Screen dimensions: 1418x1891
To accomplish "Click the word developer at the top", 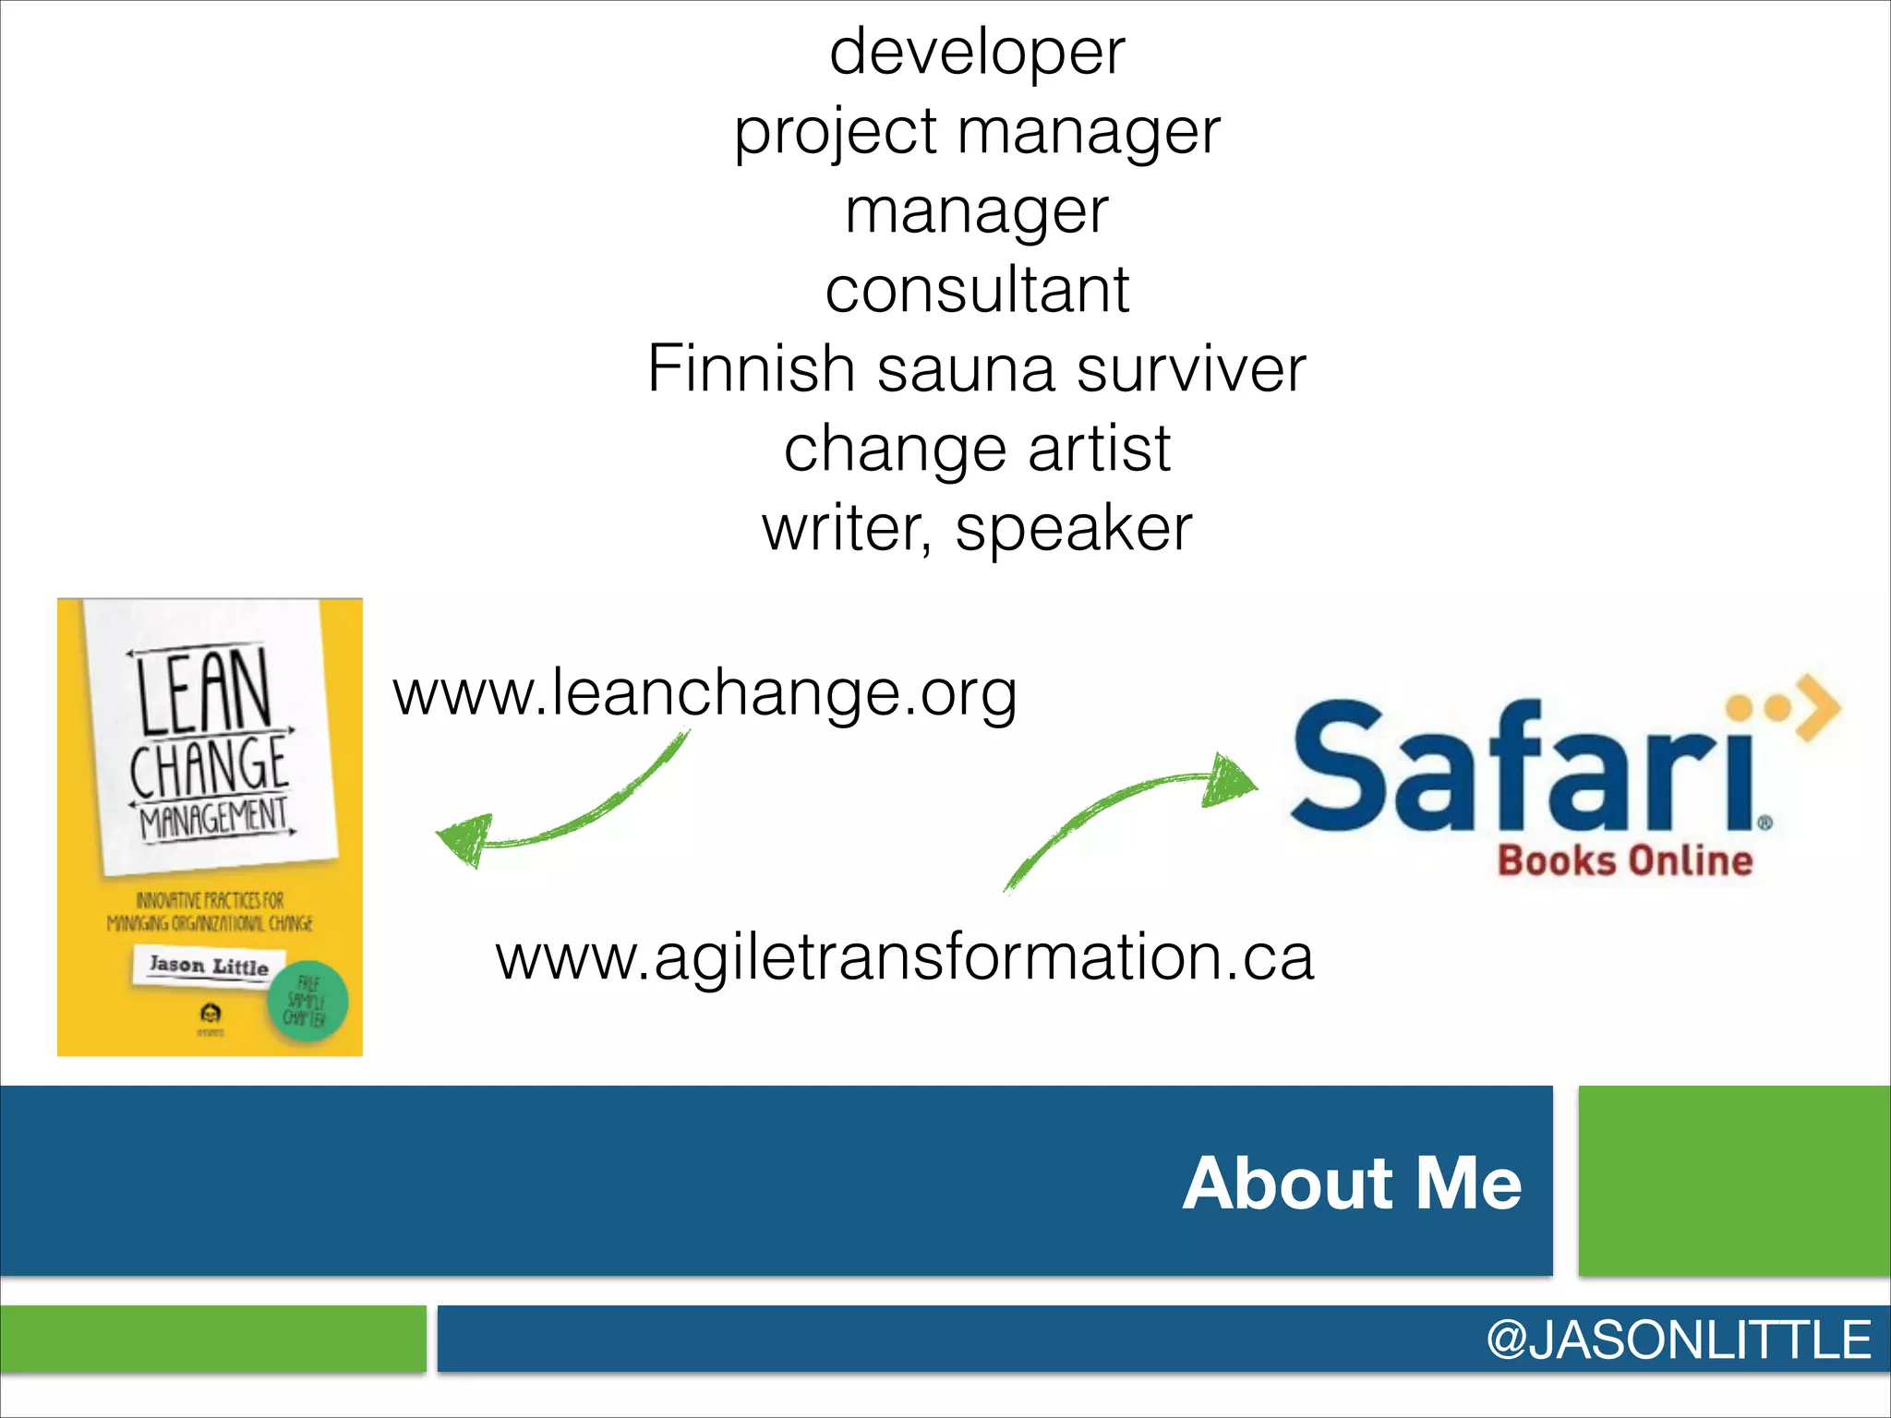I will pyautogui.click(x=977, y=53).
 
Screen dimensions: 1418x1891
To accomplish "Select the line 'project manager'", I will pyautogui.click(x=977, y=132).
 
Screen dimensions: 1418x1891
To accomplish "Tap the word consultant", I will pyautogui.click(x=977, y=290).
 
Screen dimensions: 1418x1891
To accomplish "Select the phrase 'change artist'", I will pyautogui.click(x=977, y=450).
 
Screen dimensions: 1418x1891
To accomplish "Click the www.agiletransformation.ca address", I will pyautogui.click(x=904, y=957).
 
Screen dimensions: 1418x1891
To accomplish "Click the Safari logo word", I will pyautogui.click(x=1524, y=766).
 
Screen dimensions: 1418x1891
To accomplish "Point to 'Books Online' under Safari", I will pyautogui.click(x=1625, y=860).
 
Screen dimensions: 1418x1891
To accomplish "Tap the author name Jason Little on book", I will pyautogui.click(x=209, y=966).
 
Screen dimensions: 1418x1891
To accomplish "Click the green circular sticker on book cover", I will pyautogui.click(x=307, y=1003).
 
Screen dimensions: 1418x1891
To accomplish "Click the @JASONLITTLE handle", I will pyautogui.click(x=1678, y=1340).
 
